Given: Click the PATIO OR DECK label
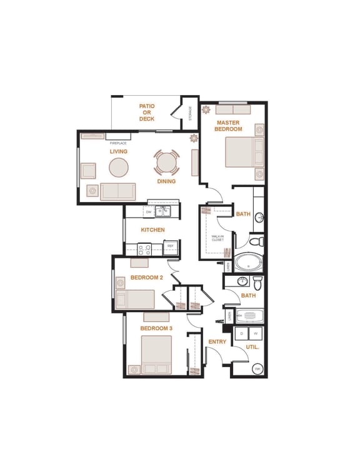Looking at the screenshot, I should point(147,113).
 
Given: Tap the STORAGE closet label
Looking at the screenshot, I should point(190,113).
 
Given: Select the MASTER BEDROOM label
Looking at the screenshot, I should point(228,126).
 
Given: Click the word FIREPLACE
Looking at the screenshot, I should point(118,143).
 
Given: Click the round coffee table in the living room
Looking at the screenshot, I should point(119,167).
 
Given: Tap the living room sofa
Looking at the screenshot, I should point(118,191).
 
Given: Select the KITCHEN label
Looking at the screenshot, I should point(152,230).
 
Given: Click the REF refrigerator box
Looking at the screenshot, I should point(170,246).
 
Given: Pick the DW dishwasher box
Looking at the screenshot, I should point(149,213).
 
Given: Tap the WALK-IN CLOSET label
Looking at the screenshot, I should point(217,237).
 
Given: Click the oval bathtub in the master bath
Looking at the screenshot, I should point(248,262).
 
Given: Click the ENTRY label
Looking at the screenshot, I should point(217,342).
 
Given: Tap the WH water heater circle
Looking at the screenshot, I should point(257,369).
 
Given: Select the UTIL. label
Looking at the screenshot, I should point(252,346).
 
